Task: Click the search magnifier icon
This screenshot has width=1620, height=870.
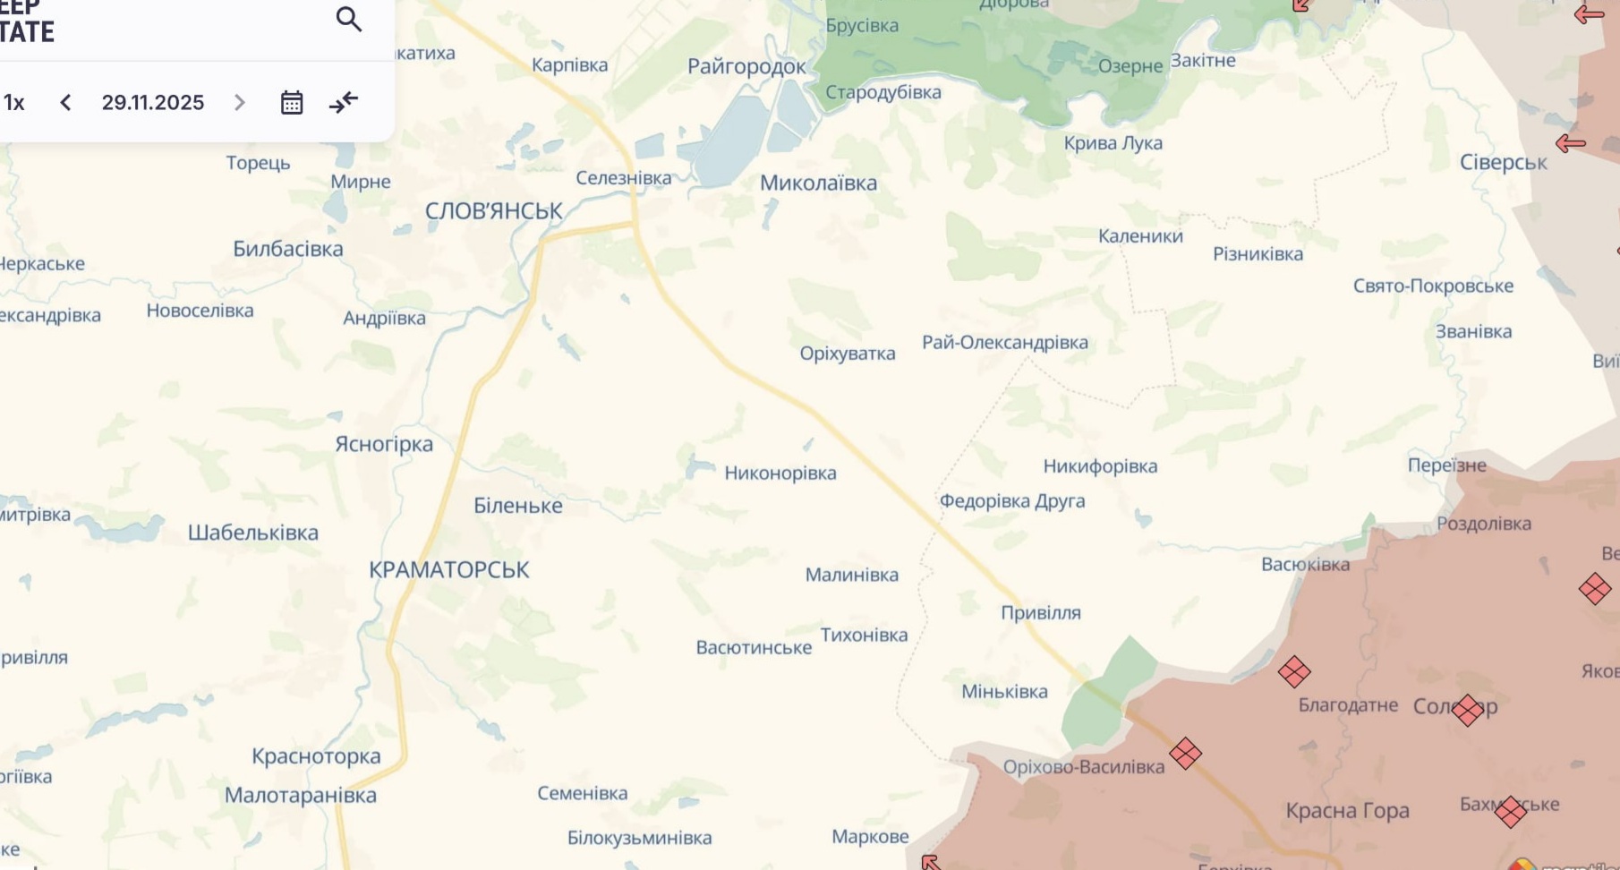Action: (348, 19)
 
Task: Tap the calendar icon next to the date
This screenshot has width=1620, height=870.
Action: (291, 102)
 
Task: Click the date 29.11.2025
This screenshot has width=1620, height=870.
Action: (153, 102)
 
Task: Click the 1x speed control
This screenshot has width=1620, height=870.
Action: (13, 102)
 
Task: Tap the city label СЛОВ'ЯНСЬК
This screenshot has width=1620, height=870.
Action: (493, 211)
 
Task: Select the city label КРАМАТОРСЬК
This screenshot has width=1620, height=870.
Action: (448, 569)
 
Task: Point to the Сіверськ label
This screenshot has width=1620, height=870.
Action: (1503, 162)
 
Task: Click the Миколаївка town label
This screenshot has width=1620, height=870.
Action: (818, 183)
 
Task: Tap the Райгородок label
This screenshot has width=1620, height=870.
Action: (746, 65)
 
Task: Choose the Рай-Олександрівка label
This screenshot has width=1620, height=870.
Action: (1004, 342)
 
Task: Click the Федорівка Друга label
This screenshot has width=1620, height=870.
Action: (1011, 500)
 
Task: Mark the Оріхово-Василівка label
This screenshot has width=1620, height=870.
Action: (1083, 766)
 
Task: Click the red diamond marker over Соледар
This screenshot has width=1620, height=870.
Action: (1468, 710)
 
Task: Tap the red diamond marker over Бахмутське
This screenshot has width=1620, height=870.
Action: (1510, 811)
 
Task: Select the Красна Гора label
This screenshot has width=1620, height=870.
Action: (1347, 810)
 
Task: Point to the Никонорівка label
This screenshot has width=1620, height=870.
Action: (780, 473)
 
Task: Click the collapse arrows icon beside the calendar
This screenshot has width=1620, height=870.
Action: (344, 102)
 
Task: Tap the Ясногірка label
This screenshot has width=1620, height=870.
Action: (383, 444)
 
